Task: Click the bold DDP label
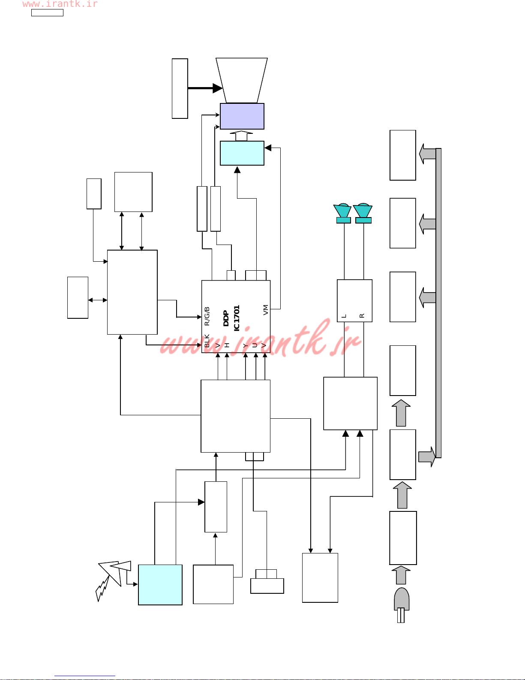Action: point(226,318)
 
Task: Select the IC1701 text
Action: point(237,318)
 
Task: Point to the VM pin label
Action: point(265,310)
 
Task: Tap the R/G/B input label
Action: point(207,316)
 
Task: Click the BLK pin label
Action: point(207,341)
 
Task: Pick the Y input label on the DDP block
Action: point(246,345)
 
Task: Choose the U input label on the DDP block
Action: point(255,345)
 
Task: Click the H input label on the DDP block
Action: point(227,345)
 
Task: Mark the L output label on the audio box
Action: point(344,316)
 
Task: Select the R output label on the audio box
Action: point(362,316)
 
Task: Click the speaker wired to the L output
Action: point(343,213)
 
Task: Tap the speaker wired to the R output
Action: point(363,213)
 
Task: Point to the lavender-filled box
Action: point(242,116)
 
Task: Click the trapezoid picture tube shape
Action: point(242,80)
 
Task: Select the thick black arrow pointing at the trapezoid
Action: point(205,88)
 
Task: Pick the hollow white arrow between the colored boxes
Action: point(242,136)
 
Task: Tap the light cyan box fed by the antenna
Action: point(160,585)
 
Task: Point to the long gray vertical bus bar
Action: point(438,303)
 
